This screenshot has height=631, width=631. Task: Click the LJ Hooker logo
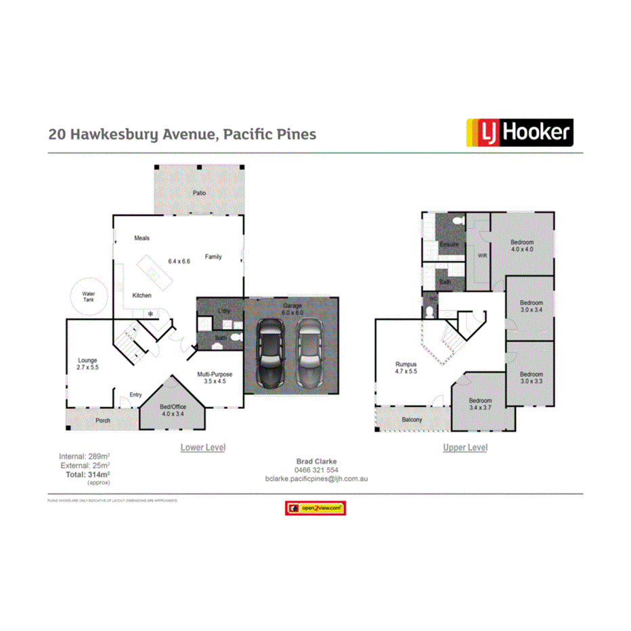pyautogui.click(x=519, y=133)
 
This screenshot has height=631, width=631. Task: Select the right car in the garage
pyautogui.click(x=311, y=353)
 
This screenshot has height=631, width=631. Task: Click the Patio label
pyautogui.click(x=199, y=193)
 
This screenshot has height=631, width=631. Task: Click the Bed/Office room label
pyautogui.click(x=172, y=409)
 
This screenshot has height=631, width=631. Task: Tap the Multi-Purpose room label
pyautogui.click(x=215, y=377)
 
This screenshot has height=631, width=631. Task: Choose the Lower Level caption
pyautogui.click(x=202, y=448)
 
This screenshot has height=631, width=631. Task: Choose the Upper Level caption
pyautogui.click(x=465, y=448)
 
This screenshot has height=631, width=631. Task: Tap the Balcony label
pyautogui.click(x=412, y=420)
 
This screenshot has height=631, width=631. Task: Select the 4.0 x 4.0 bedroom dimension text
pyautogui.click(x=522, y=250)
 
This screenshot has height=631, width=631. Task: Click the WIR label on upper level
pyautogui.click(x=482, y=256)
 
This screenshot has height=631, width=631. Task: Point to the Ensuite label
pyautogui.click(x=449, y=244)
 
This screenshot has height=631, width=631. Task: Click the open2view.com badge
pyautogui.click(x=315, y=508)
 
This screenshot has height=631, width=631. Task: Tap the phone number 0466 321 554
pyautogui.click(x=316, y=470)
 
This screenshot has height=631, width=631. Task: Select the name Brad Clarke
pyautogui.click(x=316, y=462)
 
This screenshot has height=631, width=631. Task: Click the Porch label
pyautogui.click(x=102, y=420)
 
